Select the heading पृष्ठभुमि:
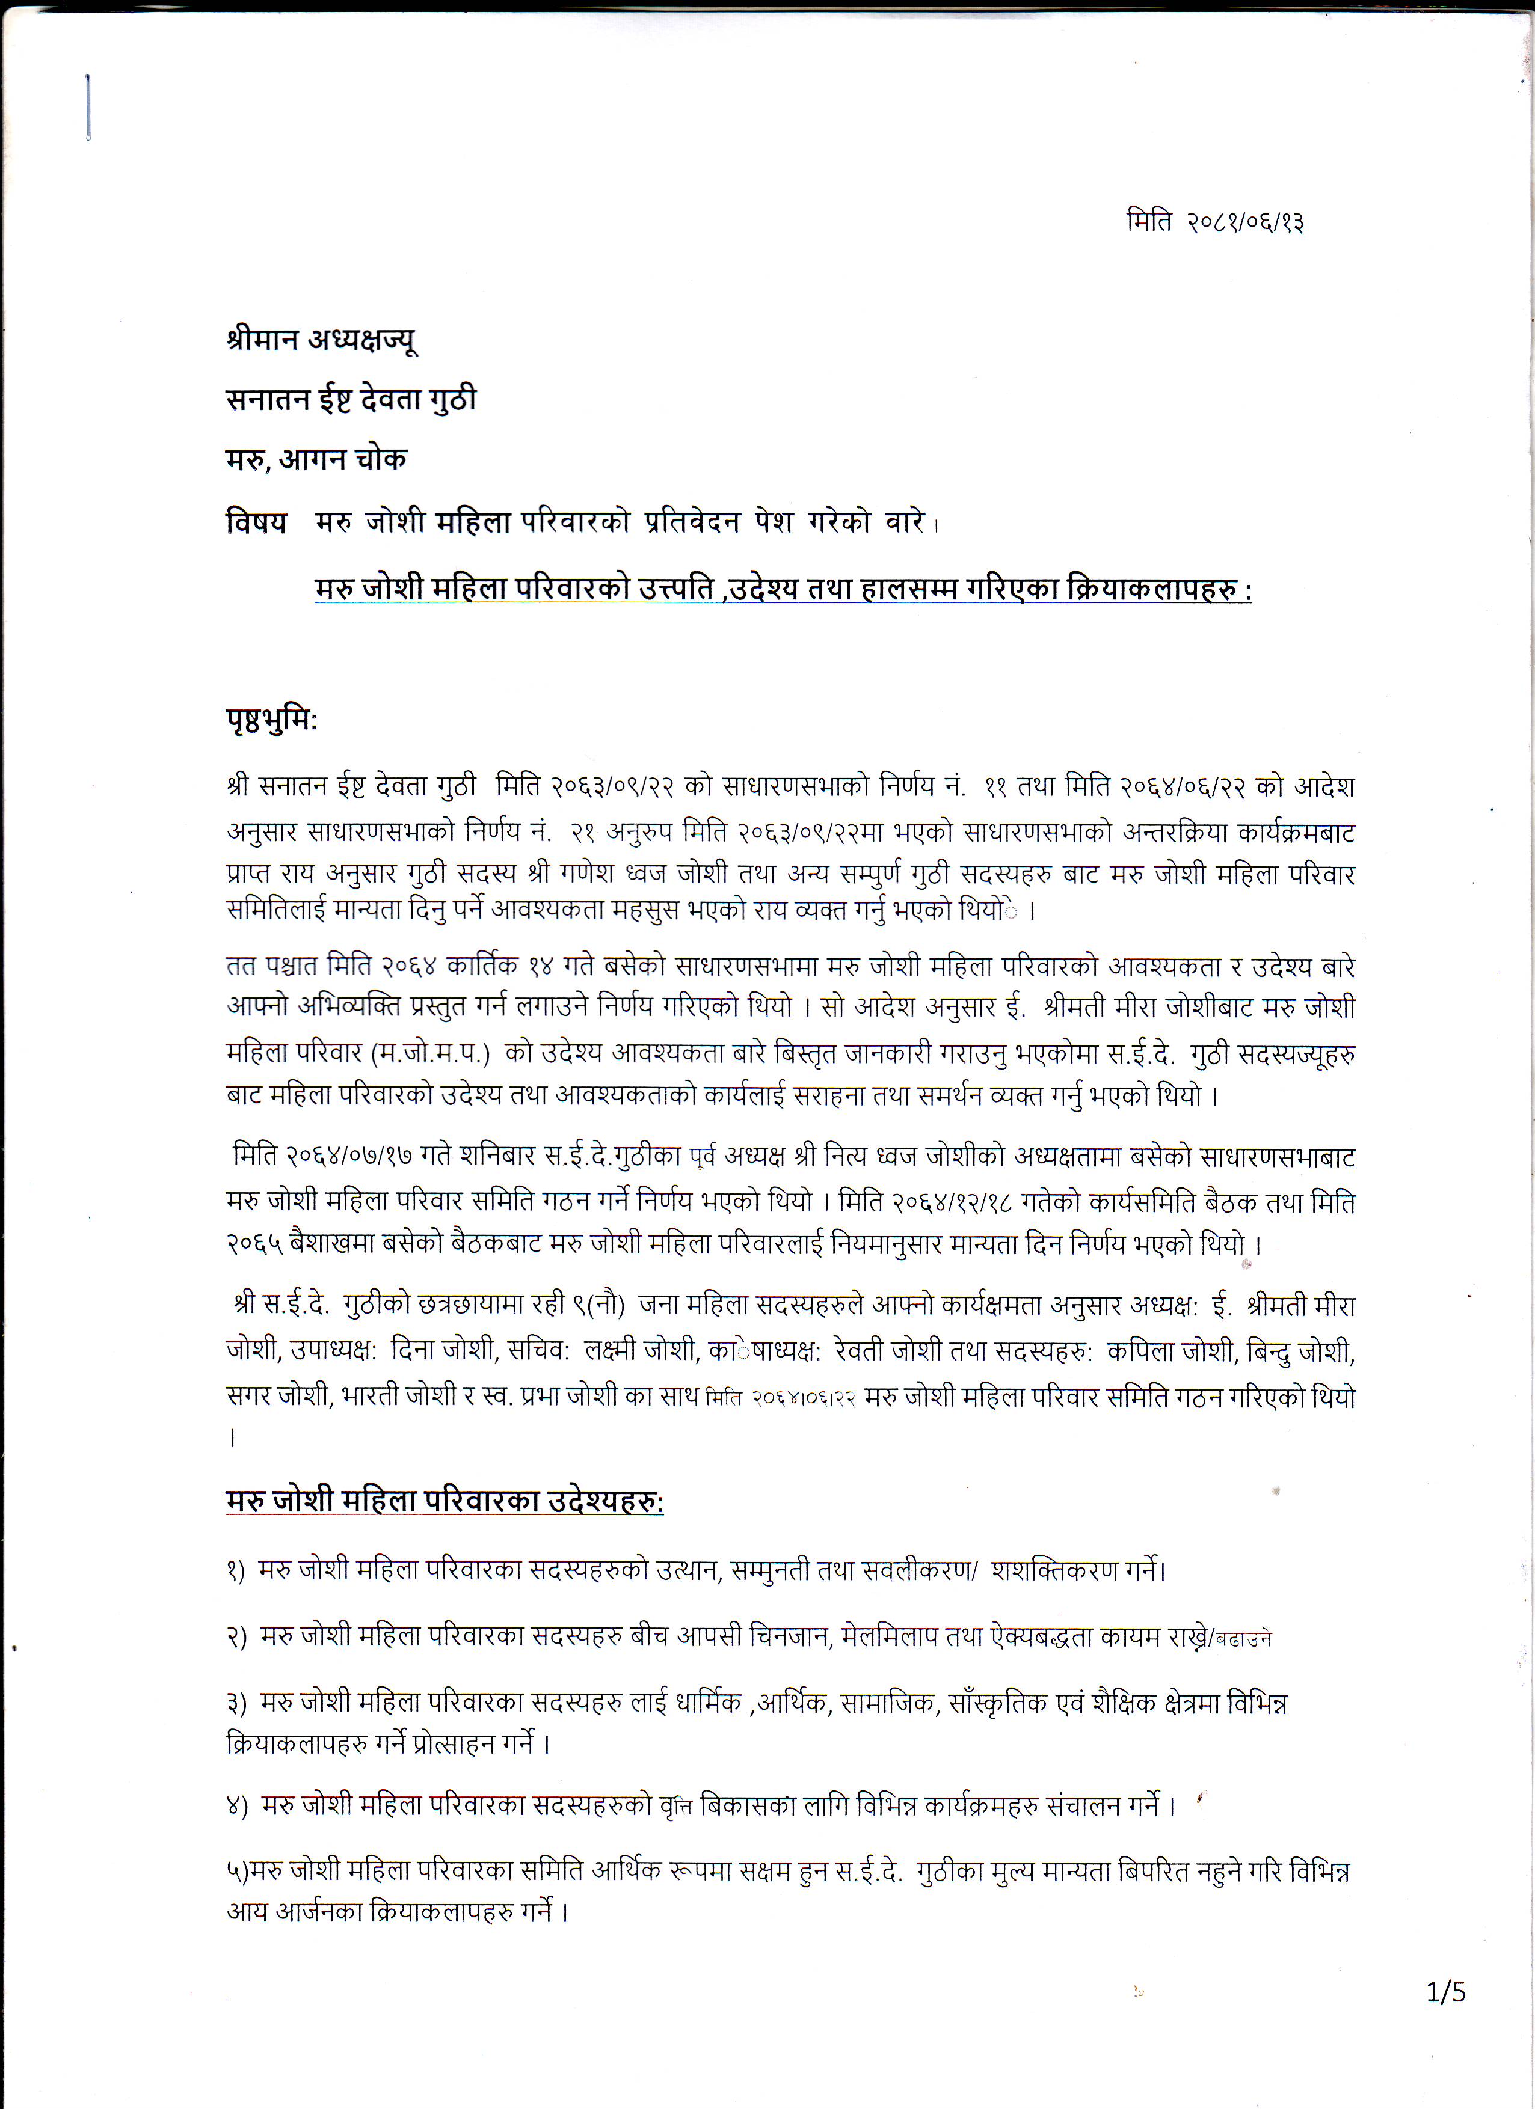[x=271, y=720]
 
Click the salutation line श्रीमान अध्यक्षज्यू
[x=321, y=340]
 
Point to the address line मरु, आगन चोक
[x=316, y=459]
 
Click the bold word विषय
[x=256, y=522]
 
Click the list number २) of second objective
[x=236, y=1636]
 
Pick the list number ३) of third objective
[x=236, y=1703]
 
